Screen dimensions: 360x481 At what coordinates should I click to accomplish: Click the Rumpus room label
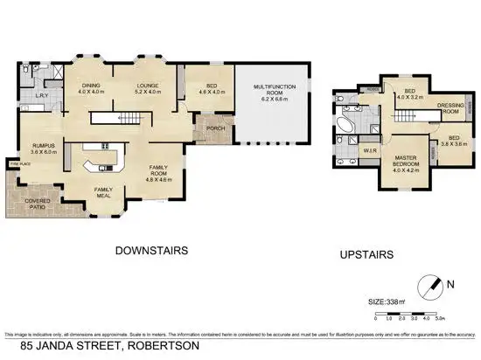pos(45,146)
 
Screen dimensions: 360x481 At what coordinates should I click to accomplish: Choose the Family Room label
pos(158,169)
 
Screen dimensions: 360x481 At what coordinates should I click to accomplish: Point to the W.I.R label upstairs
pos(370,149)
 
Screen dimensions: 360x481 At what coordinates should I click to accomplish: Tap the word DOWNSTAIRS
pos(152,251)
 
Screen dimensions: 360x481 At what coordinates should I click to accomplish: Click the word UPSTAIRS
pos(364,255)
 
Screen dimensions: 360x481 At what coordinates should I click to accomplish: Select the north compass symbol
pos(430,284)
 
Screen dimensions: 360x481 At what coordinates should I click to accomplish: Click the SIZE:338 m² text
pos(388,302)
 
